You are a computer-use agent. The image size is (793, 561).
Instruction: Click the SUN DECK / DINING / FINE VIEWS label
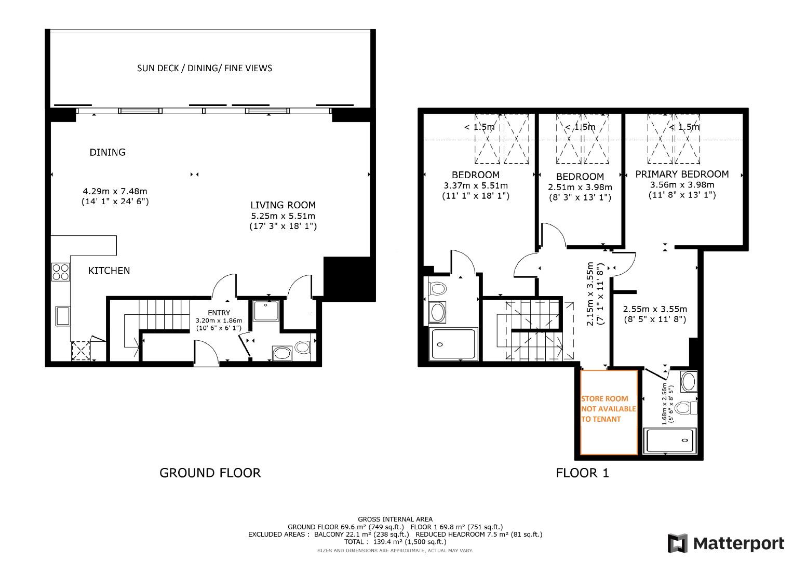[204, 68]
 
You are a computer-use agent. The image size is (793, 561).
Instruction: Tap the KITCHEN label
[109, 271]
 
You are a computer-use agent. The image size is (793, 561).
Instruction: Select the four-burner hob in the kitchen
[60, 272]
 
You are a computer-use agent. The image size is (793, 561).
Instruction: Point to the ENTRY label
[219, 313]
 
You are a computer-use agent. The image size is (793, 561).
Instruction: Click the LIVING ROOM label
[283, 205]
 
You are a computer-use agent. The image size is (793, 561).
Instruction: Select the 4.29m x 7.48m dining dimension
[115, 191]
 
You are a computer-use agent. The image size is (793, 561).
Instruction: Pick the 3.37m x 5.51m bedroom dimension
[475, 185]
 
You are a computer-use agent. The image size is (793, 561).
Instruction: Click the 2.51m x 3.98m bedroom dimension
[580, 187]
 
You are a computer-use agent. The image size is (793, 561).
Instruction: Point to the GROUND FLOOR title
[210, 473]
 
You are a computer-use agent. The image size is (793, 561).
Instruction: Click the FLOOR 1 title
[582, 473]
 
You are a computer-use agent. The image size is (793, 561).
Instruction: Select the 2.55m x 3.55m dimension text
[655, 309]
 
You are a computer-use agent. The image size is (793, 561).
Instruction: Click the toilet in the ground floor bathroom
[301, 347]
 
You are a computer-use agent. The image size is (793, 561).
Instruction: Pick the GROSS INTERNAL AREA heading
[395, 519]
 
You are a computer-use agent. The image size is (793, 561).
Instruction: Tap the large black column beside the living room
[347, 278]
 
